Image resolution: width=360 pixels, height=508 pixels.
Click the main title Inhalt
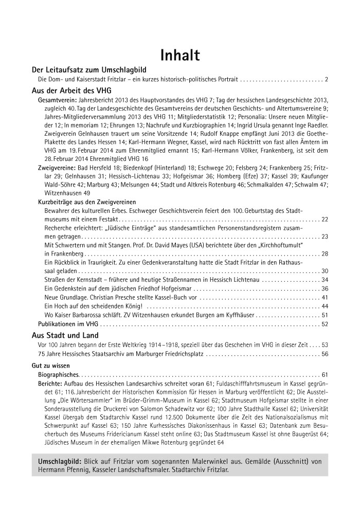pos(180,55)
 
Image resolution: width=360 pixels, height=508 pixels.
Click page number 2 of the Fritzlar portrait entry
pos(326,80)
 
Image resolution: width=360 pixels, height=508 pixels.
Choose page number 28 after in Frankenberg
pos(325,253)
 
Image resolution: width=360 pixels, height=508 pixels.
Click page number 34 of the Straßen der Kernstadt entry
pos(325,280)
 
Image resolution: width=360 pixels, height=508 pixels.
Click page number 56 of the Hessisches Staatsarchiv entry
pos(325,354)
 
